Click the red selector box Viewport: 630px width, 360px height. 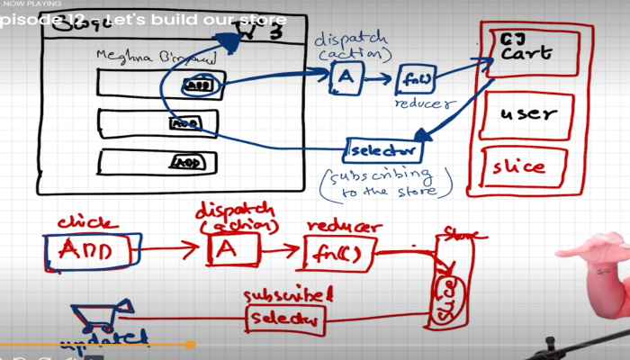pos(283,318)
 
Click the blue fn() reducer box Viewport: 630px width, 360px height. pos(415,79)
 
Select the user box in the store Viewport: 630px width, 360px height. pos(528,114)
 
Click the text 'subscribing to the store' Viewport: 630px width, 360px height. pos(384,180)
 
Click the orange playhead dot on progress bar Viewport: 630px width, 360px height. pos(190,344)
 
